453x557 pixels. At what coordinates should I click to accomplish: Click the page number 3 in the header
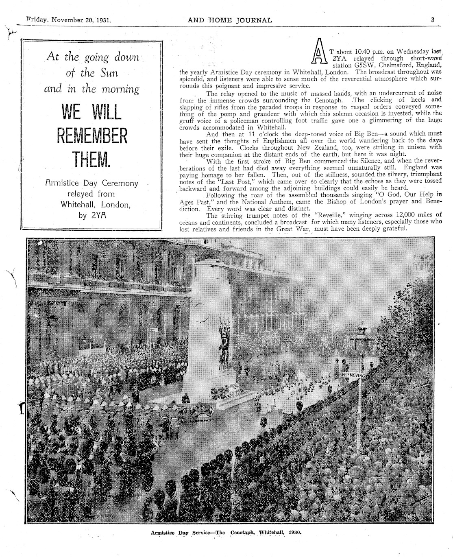coord(433,20)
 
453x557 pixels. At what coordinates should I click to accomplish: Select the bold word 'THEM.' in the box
coord(91,160)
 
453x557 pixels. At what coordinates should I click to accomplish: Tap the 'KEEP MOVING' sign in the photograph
coord(352,374)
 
